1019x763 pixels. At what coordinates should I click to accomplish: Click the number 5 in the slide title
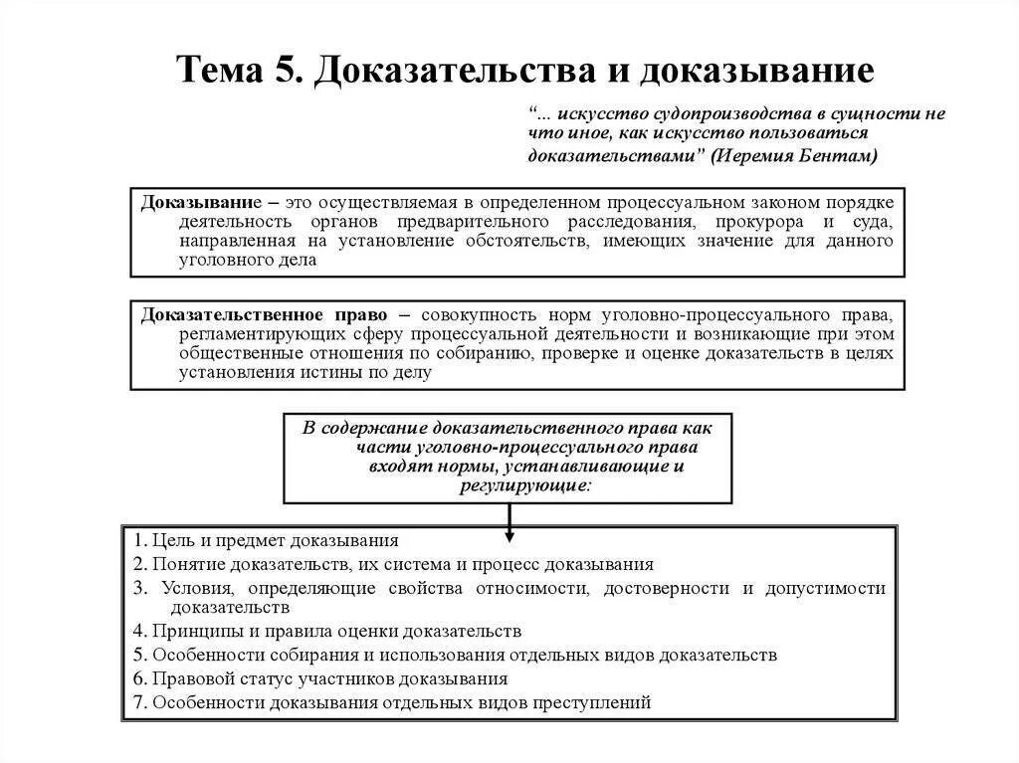(x=280, y=71)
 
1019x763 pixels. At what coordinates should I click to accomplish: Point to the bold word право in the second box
(x=364, y=313)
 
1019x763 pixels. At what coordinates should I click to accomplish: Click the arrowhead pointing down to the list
(x=509, y=536)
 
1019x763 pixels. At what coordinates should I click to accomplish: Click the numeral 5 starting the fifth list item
(x=137, y=655)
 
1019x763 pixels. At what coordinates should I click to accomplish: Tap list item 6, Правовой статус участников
(x=319, y=678)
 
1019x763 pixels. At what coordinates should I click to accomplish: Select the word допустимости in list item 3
(x=825, y=587)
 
